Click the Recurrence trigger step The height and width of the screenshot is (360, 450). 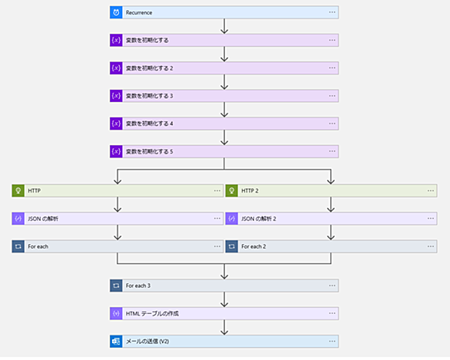224,12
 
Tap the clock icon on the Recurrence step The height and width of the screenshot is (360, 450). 116,12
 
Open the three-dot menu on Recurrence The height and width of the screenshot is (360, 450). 332,12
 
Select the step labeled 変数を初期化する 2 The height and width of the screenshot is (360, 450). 224,68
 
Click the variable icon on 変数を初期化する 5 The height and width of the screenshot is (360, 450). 116,151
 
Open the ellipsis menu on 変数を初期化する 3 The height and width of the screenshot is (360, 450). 332,96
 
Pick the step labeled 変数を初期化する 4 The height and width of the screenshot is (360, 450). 224,124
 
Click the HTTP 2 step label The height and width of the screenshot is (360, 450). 250,191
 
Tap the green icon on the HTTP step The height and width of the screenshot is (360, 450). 18,191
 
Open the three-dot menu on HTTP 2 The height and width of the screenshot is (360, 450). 431,191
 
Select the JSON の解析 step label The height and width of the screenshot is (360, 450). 43,219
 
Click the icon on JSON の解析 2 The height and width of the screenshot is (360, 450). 232,219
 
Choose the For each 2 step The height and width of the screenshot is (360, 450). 331,246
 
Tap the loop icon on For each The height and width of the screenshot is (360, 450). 18,246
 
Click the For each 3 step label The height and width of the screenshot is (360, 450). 138,286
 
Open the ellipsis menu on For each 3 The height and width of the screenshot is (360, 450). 332,286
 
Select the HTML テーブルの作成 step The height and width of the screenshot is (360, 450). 224,313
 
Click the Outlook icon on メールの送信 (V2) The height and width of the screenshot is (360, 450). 116,342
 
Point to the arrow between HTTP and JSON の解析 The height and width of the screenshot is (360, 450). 117,204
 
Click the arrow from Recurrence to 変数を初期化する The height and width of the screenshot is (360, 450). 224,26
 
